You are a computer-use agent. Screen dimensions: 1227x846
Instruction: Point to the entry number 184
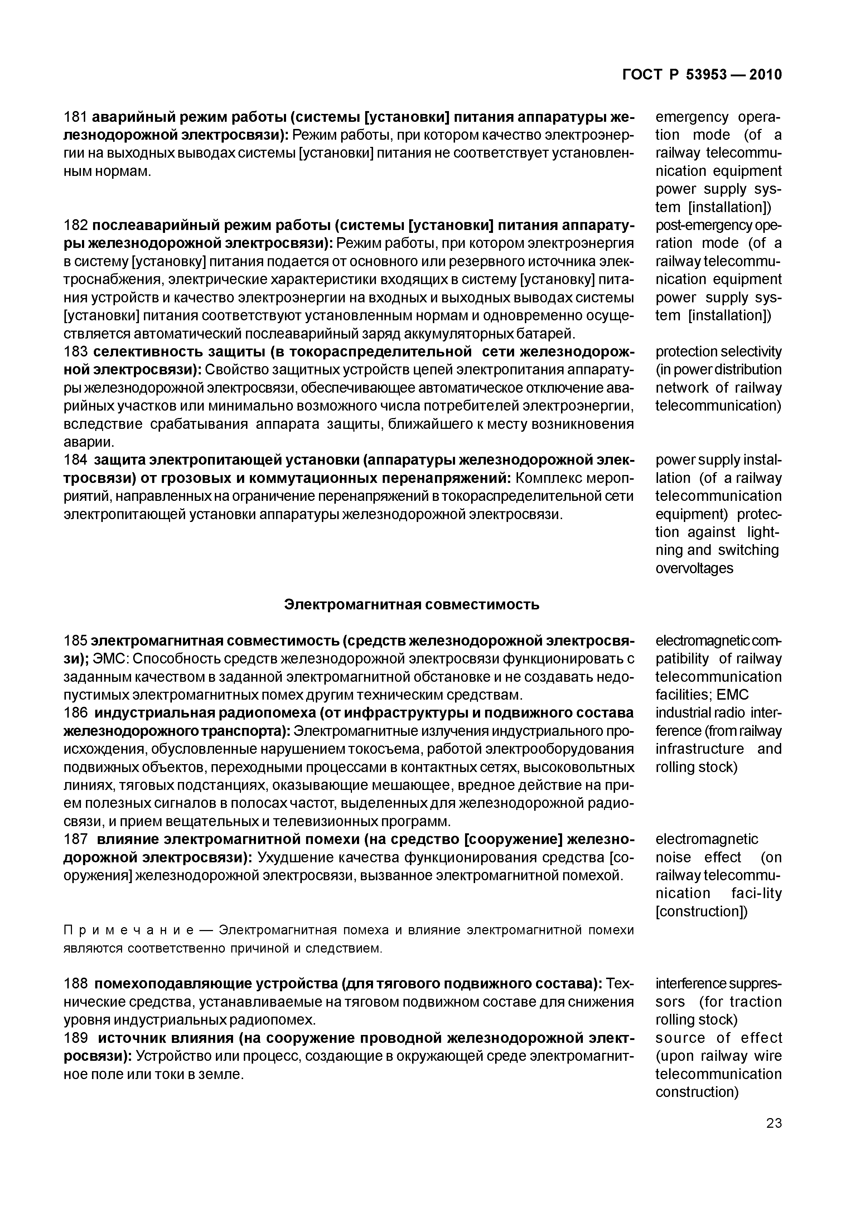pos(75,460)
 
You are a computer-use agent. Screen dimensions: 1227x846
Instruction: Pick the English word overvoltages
pos(695,569)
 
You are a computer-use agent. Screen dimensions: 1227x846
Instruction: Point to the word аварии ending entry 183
pos(85,442)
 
